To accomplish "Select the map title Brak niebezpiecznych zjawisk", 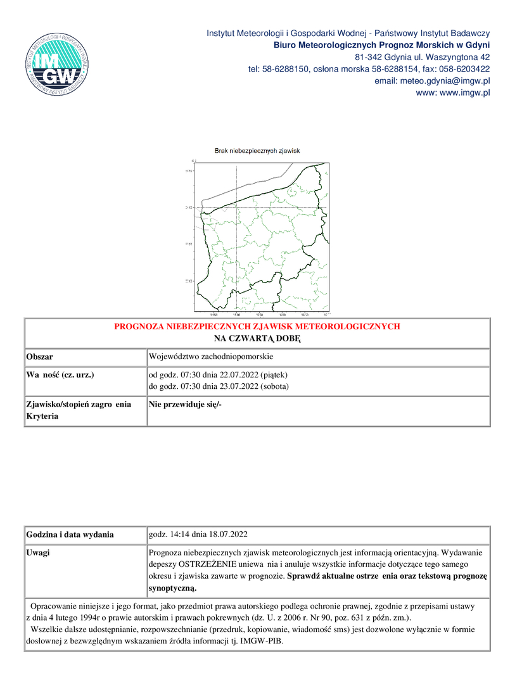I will click(x=257, y=151).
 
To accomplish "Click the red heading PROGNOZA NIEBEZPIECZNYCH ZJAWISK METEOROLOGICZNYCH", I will click(x=257, y=327).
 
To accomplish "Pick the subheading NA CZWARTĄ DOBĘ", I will click(x=257, y=339).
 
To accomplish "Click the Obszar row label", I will click(x=39, y=357).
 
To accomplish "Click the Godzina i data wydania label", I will click(x=70, y=535).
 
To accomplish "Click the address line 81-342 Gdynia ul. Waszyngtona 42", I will click(x=422, y=57).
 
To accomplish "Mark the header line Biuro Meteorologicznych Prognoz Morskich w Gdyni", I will click(x=381, y=45).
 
